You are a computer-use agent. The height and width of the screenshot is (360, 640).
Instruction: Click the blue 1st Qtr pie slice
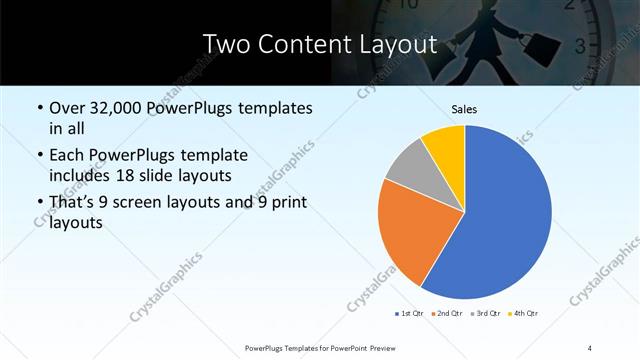505,220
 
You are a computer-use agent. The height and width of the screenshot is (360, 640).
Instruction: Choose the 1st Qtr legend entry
409,314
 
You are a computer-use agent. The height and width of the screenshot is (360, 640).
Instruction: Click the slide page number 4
590,347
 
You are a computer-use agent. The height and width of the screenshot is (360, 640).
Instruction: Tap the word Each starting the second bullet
68,156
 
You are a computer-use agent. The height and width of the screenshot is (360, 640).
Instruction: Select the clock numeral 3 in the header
581,45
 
